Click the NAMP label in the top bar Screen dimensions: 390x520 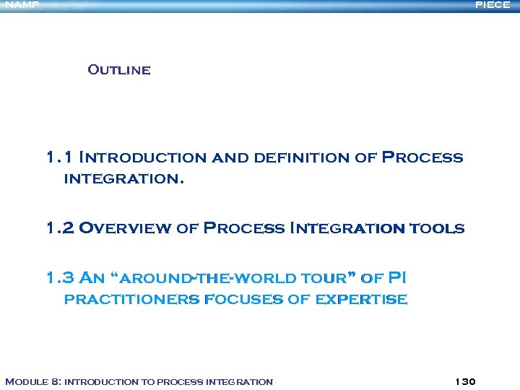coord(22,5)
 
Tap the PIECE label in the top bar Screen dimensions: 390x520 coord(493,5)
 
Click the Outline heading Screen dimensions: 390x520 coord(119,70)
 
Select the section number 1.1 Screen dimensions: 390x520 coord(59,157)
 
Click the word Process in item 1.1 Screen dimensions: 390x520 coord(422,157)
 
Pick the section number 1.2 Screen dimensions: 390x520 coord(59,228)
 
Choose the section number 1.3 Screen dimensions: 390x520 coord(59,277)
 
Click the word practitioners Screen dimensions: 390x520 coord(131,300)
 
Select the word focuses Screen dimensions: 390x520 coord(243,300)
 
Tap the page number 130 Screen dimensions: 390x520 coord(466,381)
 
